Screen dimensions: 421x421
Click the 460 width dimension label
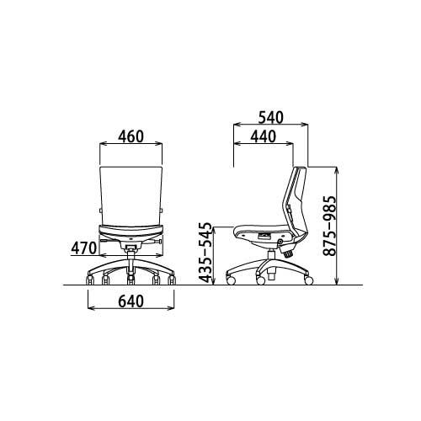(x=131, y=136)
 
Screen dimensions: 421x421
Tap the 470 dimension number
(x=83, y=248)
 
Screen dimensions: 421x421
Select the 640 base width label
(x=131, y=301)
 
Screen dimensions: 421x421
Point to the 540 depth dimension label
(x=271, y=118)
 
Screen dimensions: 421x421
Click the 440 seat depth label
(x=264, y=136)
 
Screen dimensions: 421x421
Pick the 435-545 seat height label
(x=205, y=253)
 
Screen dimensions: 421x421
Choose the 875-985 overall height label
(x=329, y=226)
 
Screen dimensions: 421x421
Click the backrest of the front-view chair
(x=131, y=195)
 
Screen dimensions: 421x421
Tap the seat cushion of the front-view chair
(x=131, y=231)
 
